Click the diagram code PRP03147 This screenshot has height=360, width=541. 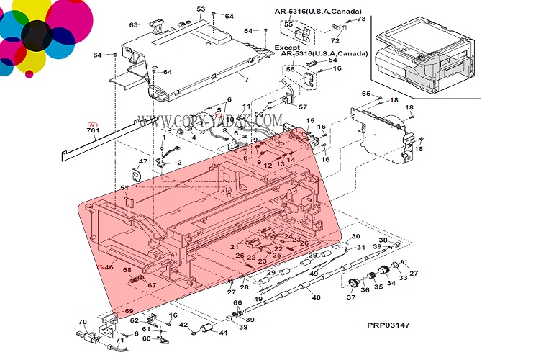[388, 326]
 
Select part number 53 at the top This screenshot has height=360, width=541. [201, 9]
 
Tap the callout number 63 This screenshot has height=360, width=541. [133, 25]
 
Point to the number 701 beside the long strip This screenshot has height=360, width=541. [92, 130]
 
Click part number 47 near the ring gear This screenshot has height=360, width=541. [142, 161]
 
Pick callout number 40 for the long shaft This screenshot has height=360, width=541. [316, 297]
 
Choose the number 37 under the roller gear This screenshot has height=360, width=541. [351, 297]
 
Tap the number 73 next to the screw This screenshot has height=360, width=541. [361, 19]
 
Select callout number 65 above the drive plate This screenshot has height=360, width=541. [365, 94]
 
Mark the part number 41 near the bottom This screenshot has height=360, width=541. [223, 333]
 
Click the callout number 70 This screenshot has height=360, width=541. [82, 322]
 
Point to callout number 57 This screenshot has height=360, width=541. [302, 107]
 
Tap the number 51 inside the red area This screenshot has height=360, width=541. [124, 188]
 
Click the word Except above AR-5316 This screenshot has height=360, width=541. [287, 47]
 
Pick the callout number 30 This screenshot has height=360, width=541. [355, 236]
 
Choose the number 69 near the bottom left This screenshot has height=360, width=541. [129, 311]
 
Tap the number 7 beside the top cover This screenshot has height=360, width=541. [246, 79]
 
